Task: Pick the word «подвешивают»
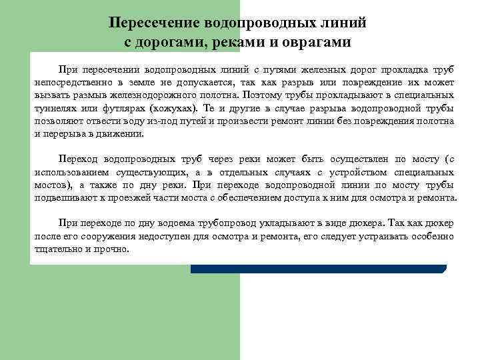(x=63, y=198)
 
